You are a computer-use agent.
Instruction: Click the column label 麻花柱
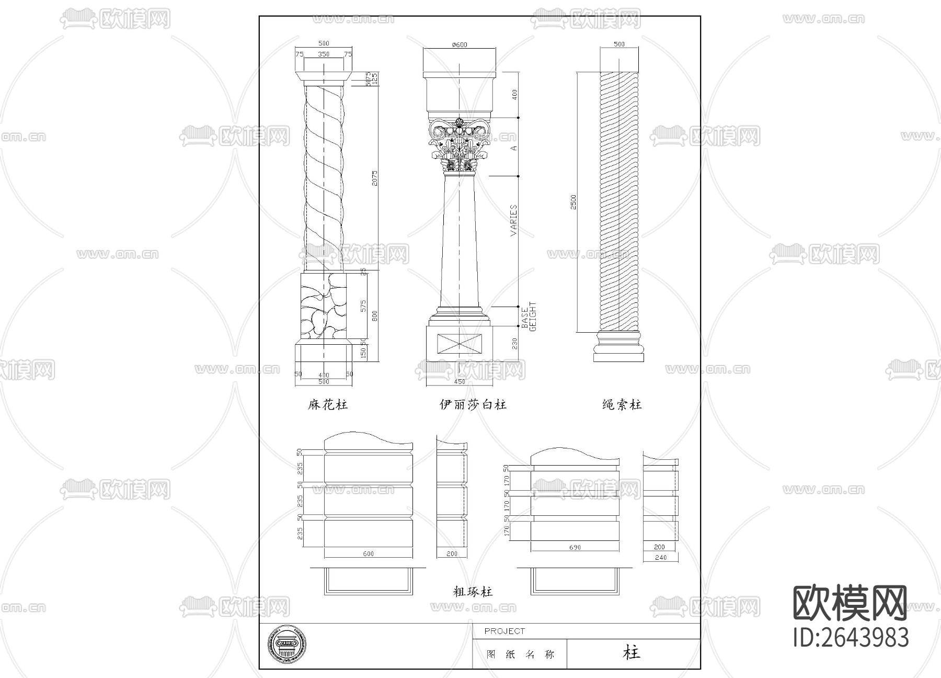click(327, 404)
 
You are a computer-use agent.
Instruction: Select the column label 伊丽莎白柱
click(473, 404)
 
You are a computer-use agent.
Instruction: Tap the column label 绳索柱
click(622, 404)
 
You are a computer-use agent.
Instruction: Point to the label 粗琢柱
click(473, 592)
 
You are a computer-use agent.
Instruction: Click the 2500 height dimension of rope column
click(573, 202)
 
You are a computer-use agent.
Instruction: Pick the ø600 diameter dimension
click(459, 45)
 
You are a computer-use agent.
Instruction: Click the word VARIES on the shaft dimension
click(513, 220)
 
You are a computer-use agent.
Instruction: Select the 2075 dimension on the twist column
click(374, 178)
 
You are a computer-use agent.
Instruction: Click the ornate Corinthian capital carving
click(459, 146)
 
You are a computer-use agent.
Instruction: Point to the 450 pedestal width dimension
click(459, 382)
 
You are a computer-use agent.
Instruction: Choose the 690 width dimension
click(575, 547)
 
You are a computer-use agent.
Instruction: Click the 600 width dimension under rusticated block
click(368, 553)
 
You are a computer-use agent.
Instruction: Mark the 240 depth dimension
click(660, 558)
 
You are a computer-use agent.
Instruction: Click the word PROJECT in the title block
click(504, 631)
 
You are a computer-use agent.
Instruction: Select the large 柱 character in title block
click(632, 652)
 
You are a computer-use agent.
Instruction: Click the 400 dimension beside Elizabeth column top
click(514, 95)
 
